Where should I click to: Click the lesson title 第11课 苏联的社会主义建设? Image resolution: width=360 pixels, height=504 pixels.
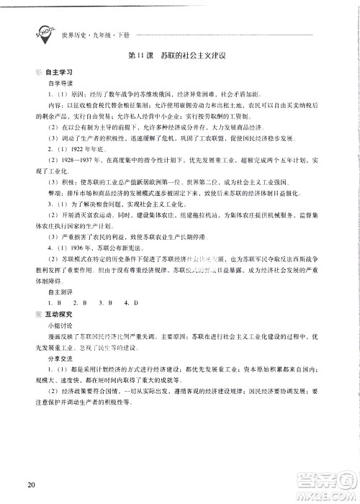(x=180, y=57)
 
